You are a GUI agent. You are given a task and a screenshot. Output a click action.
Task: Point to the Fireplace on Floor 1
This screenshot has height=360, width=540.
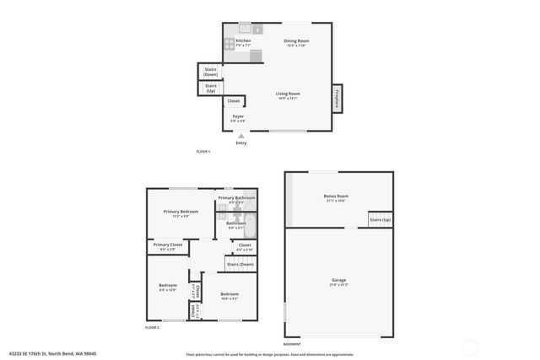[x=337, y=98]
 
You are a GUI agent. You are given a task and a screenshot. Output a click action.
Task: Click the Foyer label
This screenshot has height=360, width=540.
[x=238, y=118]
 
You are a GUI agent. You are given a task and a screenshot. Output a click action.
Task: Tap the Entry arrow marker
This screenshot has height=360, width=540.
[x=241, y=135]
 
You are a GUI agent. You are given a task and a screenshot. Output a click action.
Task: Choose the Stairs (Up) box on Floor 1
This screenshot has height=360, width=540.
[x=211, y=88]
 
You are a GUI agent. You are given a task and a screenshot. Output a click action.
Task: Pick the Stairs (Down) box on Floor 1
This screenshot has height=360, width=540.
[x=210, y=73]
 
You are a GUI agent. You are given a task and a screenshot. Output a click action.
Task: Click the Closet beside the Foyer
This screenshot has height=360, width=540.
[x=234, y=101]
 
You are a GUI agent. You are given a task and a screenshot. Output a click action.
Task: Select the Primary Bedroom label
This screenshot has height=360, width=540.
[x=181, y=212]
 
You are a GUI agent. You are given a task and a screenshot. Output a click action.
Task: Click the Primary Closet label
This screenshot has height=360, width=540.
[x=167, y=245]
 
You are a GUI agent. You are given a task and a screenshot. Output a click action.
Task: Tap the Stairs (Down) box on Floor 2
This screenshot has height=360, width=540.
[x=240, y=265]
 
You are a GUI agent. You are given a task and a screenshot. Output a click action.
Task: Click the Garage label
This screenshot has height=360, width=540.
[x=338, y=281]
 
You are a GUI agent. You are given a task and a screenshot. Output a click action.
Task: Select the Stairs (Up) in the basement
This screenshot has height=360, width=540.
[x=380, y=220]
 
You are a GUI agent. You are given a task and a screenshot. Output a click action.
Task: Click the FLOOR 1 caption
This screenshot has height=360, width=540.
[x=202, y=151]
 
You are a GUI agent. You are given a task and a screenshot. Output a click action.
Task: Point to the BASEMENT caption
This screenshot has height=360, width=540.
[x=292, y=344]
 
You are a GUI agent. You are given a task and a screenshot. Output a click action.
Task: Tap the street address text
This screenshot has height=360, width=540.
[x=65, y=353]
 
